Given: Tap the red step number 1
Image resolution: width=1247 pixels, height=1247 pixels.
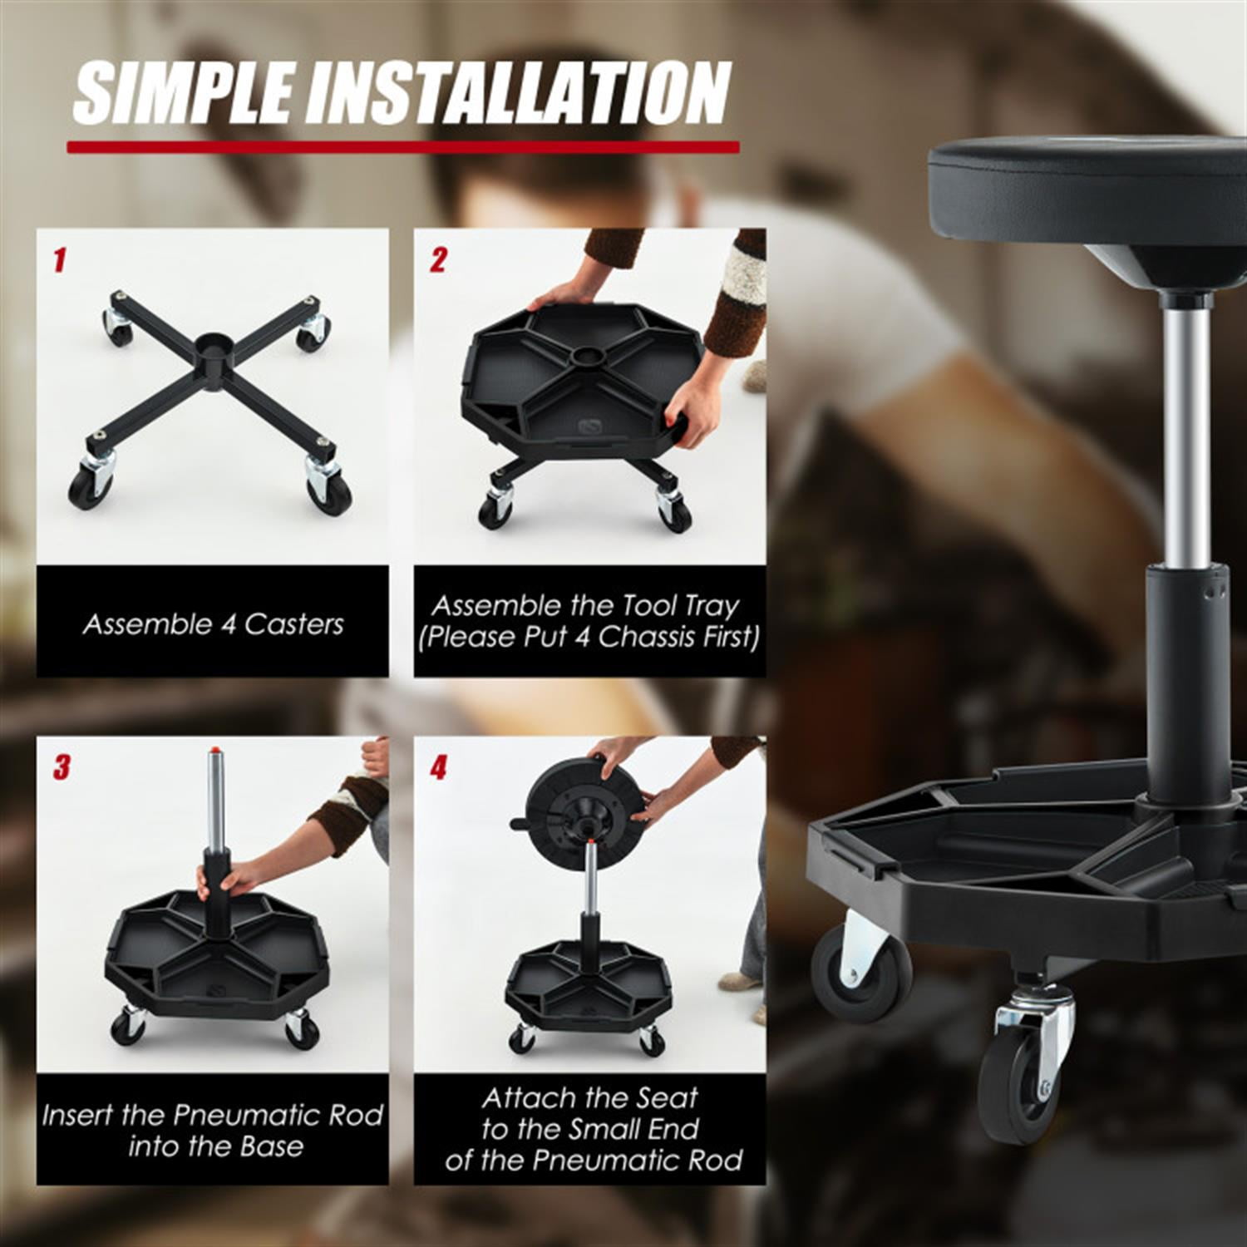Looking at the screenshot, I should (x=58, y=260).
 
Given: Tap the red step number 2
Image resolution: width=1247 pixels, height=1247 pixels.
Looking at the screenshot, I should (x=438, y=260).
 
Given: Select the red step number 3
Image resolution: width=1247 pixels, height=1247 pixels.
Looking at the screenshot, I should (x=62, y=767).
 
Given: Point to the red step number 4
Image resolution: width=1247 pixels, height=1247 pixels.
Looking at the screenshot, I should (x=438, y=767).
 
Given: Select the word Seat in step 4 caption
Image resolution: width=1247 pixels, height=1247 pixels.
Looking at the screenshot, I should (x=665, y=1098).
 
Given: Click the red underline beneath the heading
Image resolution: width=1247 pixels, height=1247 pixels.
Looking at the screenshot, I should (x=403, y=147).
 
